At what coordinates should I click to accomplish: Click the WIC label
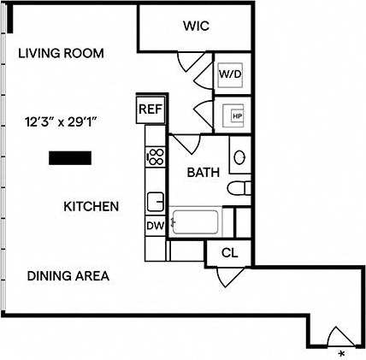coord(195,27)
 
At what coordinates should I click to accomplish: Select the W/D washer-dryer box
coord(231,74)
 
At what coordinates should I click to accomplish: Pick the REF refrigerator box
coord(150,109)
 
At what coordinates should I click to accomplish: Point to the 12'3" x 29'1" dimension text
coord(65,122)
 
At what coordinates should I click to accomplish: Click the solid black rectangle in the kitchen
coord(70,157)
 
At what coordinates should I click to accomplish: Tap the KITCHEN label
coord(91,206)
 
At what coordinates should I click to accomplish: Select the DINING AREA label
coord(68,276)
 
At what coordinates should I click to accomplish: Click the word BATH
coord(204,172)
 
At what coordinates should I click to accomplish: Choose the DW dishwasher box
coord(155,226)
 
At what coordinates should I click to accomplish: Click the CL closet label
coord(228,252)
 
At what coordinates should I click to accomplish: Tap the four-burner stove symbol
coord(156,156)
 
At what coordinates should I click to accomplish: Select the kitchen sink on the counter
coord(156,202)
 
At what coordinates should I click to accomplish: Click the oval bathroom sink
coord(240,158)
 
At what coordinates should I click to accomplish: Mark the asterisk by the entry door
coord(341,352)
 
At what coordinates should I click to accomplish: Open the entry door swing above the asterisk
coord(339,336)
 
